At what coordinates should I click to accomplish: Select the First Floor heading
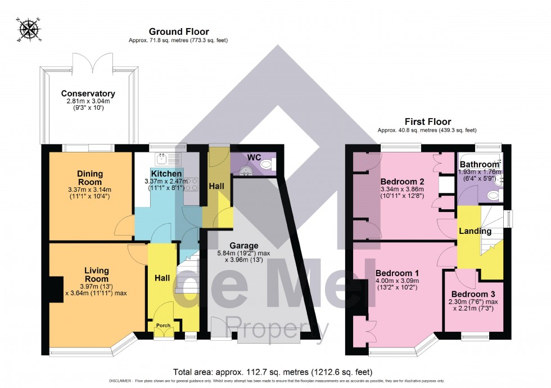pyautogui.click(x=428, y=121)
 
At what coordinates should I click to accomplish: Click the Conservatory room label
pyautogui.click(x=88, y=93)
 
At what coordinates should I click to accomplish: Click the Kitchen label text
pyautogui.click(x=166, y=174)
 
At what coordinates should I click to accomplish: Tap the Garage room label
pyautogui.click(x=243, y=246)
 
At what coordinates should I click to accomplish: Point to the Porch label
pyautogui.click(x=163, y=326)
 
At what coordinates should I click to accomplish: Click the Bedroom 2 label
pyautogui.click(x=402, y=182)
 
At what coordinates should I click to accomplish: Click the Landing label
pyautogui.click(x=475, y=231)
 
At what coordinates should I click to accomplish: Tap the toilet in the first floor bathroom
pyautogui.click(x=493, y=195)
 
